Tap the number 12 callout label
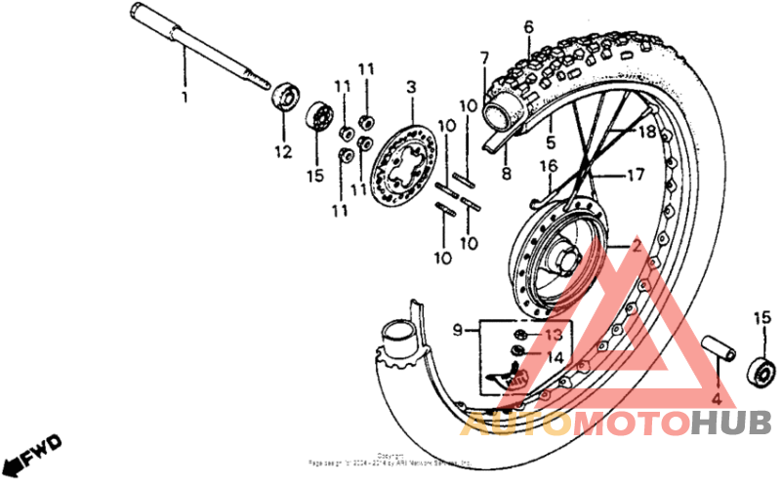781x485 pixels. (283, 151)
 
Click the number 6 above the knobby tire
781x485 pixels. (528, 26)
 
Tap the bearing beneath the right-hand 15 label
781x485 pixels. (761, 371)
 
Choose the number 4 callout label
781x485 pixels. (716, 399)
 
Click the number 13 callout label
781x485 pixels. (554, 335)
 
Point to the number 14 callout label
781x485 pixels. (554, 357)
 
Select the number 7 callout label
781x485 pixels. (482, 59)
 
